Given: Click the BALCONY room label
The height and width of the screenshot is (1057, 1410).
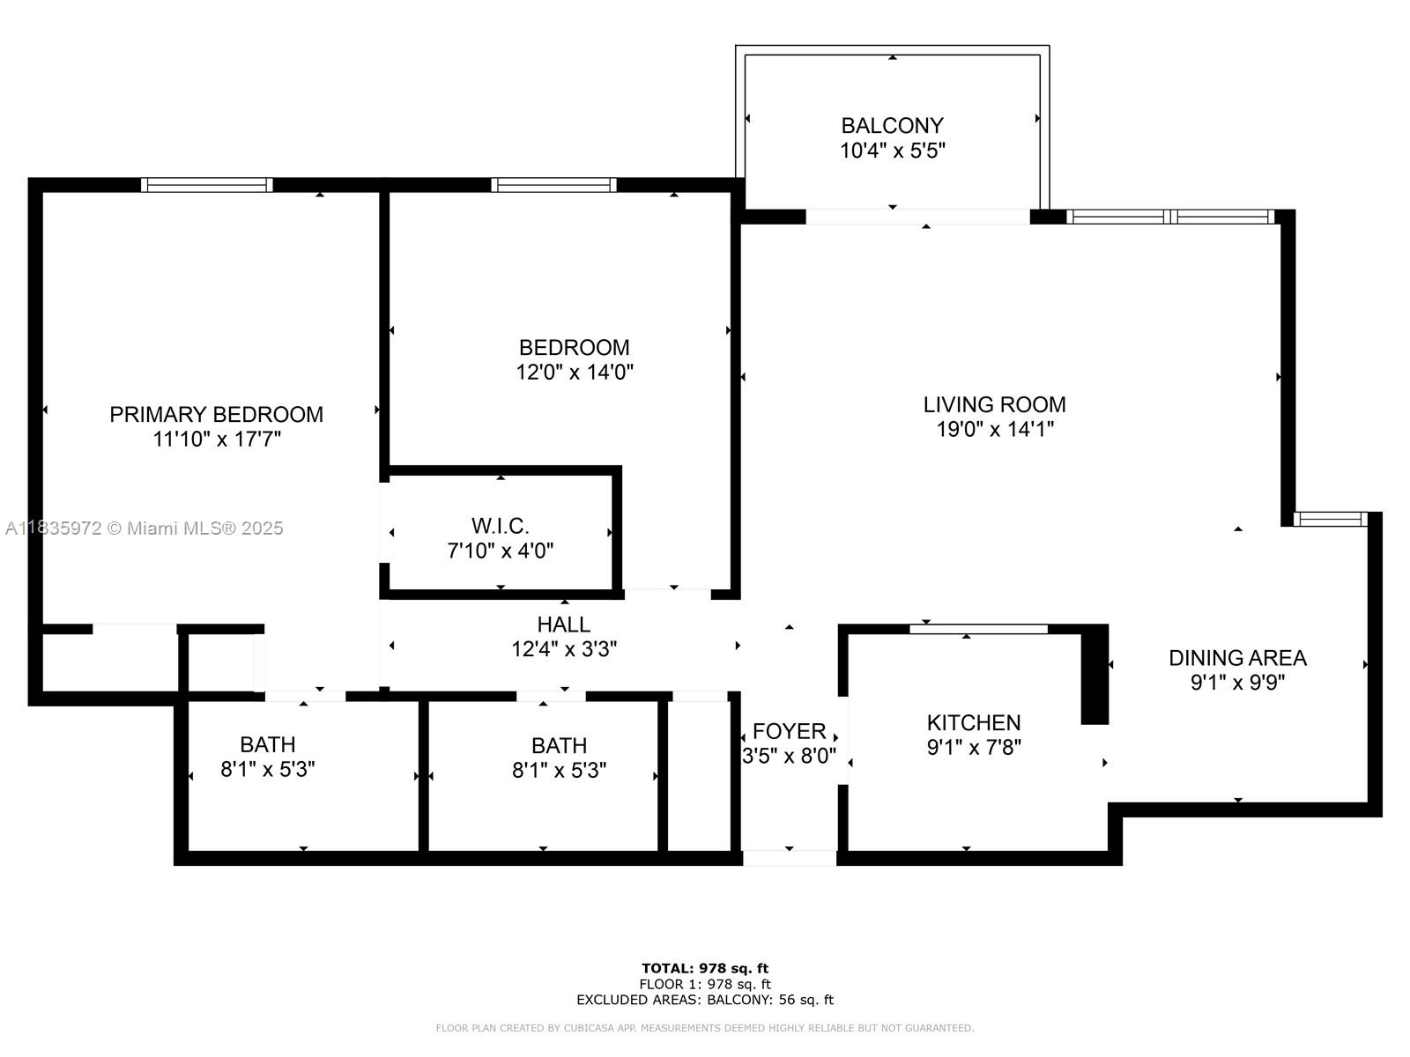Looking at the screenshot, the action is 892,125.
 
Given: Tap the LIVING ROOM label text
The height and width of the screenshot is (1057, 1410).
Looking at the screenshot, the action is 994,404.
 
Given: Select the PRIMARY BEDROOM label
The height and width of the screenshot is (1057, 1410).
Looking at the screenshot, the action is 217,415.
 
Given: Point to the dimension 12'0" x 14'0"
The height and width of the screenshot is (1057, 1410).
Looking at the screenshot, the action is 575,372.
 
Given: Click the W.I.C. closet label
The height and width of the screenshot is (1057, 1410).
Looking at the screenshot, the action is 501,526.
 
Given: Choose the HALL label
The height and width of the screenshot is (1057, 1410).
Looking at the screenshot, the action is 563,625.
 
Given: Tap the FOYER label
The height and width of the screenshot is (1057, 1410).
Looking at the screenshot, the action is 789,731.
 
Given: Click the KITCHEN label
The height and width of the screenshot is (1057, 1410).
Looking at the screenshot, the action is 974,722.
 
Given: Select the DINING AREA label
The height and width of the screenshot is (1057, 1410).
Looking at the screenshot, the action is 1237,658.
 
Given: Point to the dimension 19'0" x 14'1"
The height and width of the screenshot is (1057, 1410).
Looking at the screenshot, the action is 995,429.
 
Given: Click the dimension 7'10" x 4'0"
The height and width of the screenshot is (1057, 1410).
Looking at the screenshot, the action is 501,551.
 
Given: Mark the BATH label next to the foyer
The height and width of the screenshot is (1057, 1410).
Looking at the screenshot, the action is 559,746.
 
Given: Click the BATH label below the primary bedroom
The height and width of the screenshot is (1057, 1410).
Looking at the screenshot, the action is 268,744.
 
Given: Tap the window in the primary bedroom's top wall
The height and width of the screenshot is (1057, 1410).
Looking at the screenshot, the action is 207,185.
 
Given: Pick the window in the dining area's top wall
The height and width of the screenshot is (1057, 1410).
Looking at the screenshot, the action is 1331,519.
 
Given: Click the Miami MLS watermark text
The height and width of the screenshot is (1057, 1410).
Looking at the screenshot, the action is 144,528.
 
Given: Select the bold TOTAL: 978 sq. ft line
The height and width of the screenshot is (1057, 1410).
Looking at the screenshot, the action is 705,968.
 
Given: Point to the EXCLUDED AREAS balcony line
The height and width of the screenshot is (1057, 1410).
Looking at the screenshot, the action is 705,999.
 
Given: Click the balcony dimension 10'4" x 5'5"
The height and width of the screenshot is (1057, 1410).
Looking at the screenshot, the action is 893,150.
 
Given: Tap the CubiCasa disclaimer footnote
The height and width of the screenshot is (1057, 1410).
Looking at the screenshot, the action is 705,1028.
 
